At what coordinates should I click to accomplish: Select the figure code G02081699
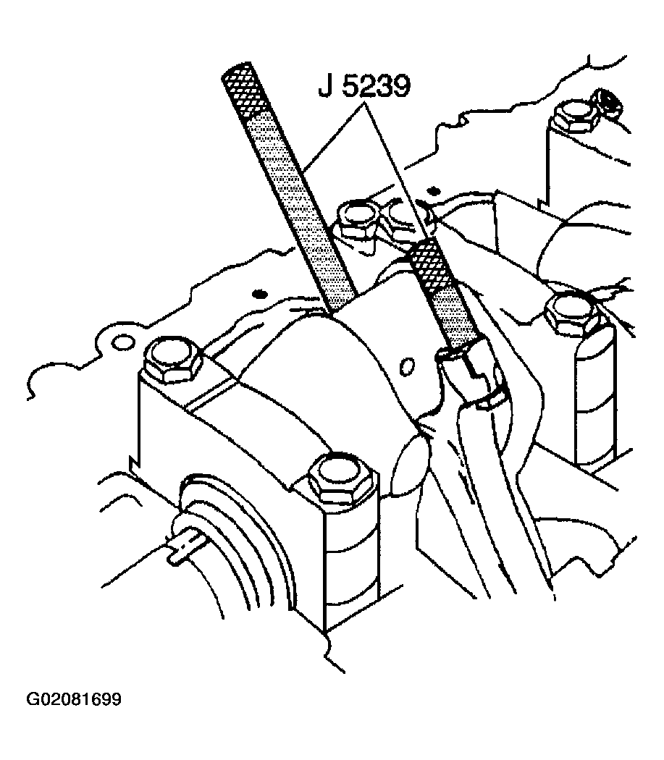pos(74,699)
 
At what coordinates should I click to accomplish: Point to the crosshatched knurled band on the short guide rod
pos(422,265)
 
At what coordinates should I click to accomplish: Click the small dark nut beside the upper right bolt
pos(606,104)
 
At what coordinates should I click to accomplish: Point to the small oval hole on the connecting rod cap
pos(406,366)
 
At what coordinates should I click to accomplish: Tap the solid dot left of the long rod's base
pos(261,294)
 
